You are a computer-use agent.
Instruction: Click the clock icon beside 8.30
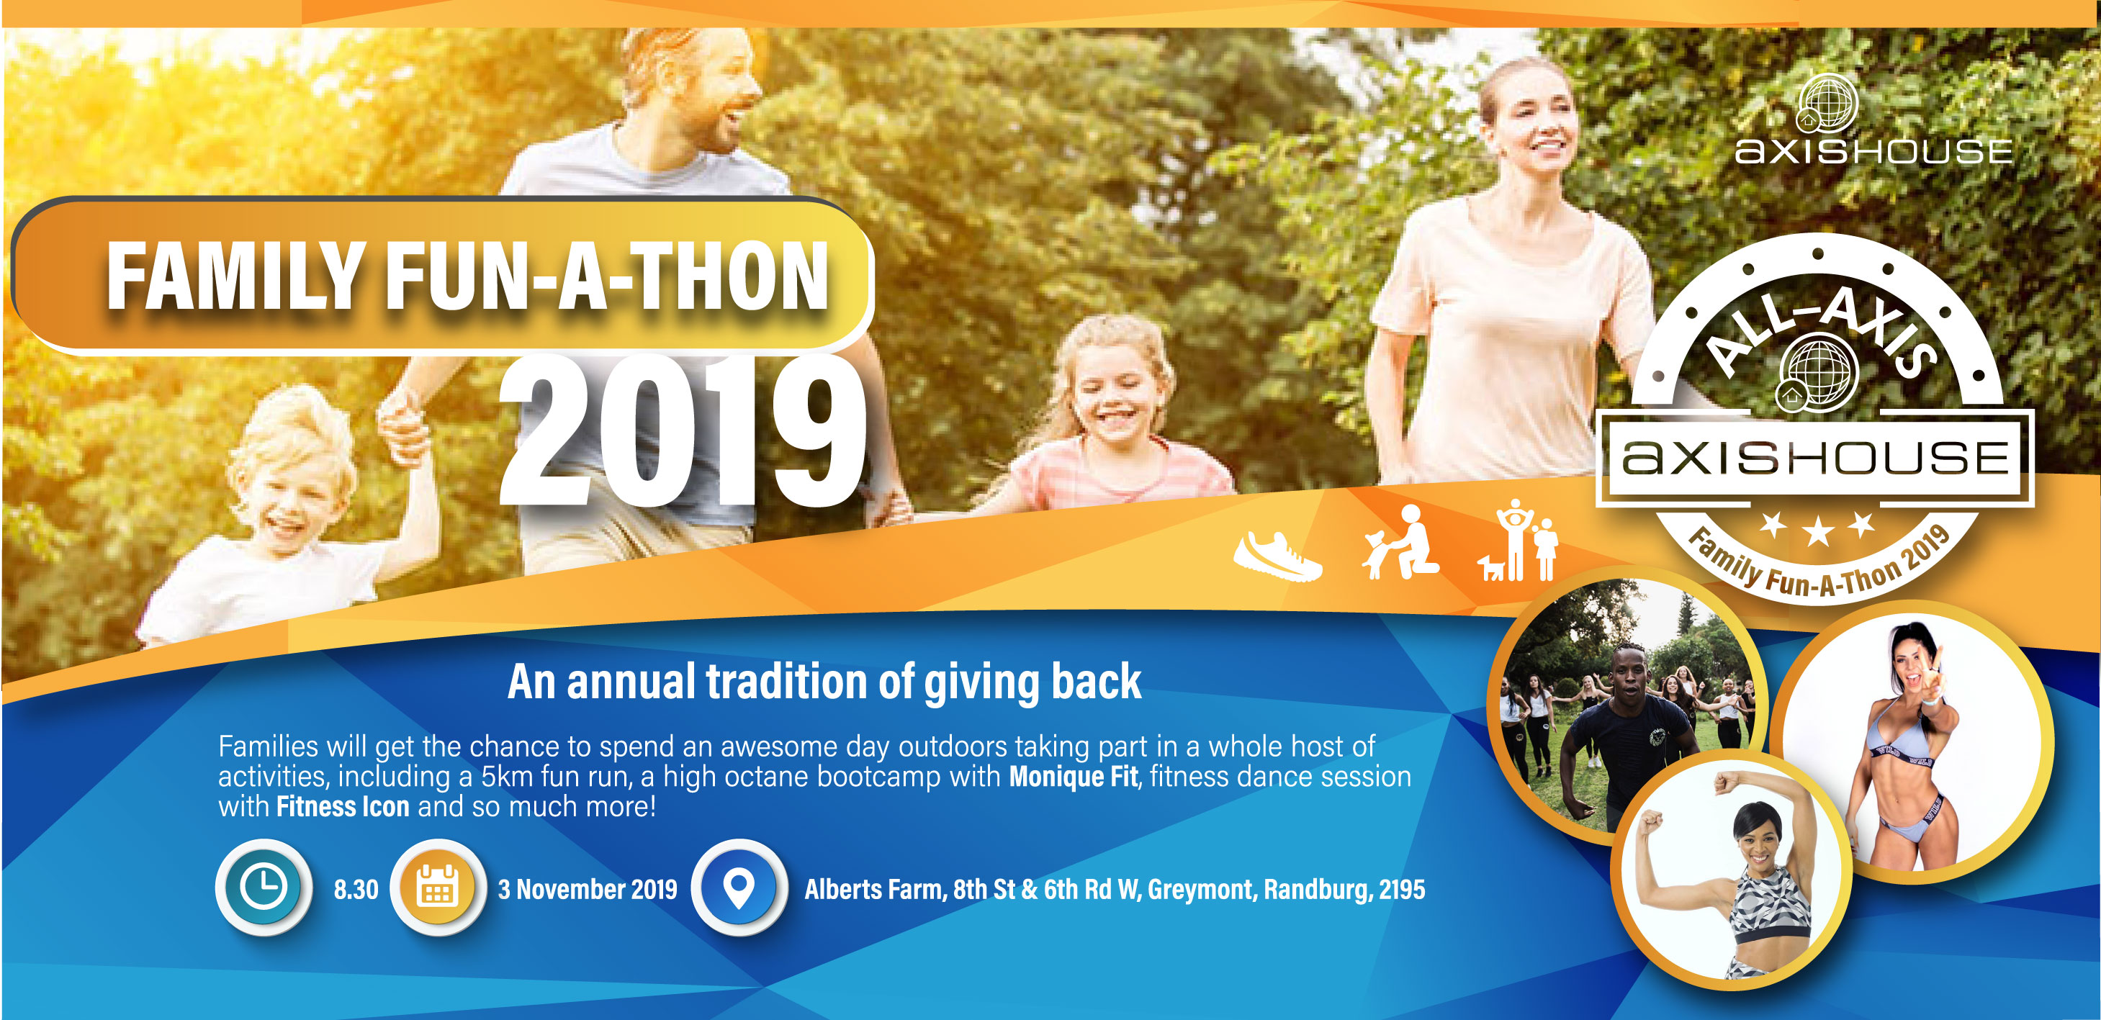264,886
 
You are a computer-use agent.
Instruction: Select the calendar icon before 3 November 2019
438,887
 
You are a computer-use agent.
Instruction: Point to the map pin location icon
739,887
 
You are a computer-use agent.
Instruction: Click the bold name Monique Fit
1073,776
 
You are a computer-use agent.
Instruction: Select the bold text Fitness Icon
343,806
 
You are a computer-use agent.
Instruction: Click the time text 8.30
356,889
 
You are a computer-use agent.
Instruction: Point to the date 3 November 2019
588,889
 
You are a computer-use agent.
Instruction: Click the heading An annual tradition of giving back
824,682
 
